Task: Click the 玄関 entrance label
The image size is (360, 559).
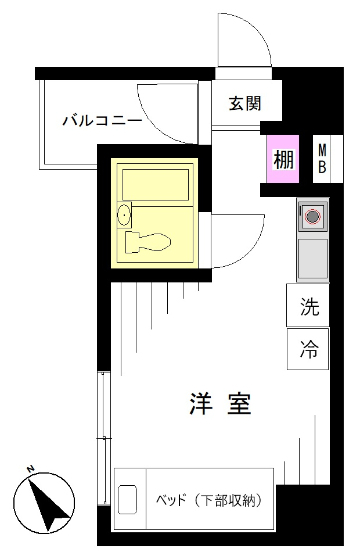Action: click(244, 103)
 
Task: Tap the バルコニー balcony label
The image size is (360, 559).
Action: click(102, 120)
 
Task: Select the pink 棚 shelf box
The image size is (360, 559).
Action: click(283, 159)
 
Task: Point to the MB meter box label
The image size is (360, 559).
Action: click(322, 159)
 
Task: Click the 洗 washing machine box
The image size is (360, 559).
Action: click(308, 305)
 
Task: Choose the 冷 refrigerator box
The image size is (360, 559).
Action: click(308, 349)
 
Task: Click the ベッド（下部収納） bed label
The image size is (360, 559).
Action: click(210, 500)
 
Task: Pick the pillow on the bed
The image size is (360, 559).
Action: click(128, 500)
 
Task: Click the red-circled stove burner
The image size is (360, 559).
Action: click(312, 216)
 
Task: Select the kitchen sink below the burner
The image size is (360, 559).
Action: click(312, 259)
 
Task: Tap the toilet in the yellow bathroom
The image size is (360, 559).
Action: click(148, 242)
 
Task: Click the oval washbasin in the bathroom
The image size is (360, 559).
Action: click(124, 215)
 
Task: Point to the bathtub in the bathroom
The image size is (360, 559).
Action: click(156, 185)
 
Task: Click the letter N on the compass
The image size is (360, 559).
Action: click(31, 469)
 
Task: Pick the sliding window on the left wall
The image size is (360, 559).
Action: click(104, 438)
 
